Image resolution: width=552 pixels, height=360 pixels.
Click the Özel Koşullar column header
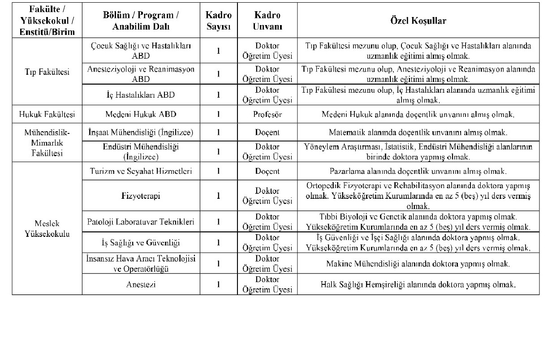point(418,21)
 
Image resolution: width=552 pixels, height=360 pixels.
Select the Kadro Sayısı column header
point(218,21)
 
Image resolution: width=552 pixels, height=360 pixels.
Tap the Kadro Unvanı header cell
point(267,21)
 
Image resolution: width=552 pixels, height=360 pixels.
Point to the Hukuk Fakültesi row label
point(47,114)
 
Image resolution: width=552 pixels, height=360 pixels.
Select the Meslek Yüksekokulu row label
point(47,228)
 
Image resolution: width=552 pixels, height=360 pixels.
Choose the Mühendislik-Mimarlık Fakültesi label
point(47,142)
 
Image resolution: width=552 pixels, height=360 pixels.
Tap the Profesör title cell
point(267,114)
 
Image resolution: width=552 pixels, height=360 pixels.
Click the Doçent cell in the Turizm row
point(267,171)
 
